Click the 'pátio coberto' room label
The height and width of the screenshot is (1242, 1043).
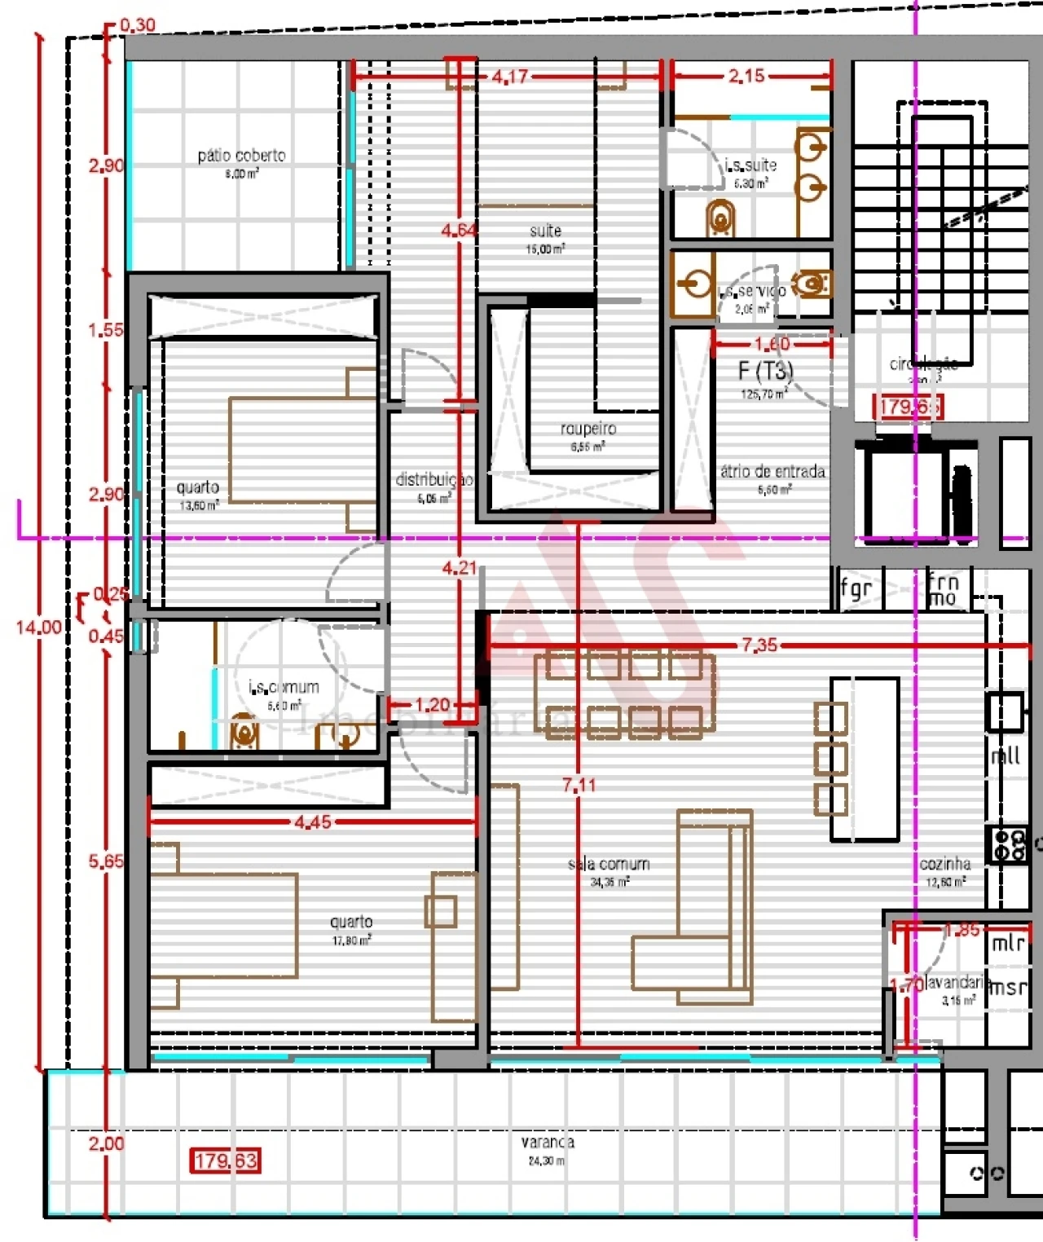point(241,156)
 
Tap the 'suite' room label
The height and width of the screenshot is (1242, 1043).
point(545,231)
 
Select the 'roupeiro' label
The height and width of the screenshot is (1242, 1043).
point(588,429)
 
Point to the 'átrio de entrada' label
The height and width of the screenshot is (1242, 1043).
point(772,472)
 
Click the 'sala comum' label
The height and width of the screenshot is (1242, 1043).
point(609,864)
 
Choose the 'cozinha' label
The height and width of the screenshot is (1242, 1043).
point(945,864)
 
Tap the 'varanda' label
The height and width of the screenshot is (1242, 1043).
point(548,1143)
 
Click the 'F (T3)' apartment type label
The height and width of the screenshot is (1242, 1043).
point(765,372)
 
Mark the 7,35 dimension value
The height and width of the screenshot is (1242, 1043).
point(759,645)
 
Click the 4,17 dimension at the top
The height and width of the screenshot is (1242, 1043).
point(510,77)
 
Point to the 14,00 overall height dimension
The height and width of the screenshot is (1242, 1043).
point(39,628)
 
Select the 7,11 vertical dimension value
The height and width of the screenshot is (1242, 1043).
point(579,785)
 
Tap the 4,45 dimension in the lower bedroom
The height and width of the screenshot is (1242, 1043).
point(313,822)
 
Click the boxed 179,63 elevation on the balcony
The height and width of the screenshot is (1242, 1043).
point(226,1160)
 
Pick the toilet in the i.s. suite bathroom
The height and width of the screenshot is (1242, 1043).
point(720,218)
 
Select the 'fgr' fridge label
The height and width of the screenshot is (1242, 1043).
point(856,588)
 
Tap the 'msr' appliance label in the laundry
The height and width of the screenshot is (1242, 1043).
point(1008,987)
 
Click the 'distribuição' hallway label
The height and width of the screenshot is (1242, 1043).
point(433,480)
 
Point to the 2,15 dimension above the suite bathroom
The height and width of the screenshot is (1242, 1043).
point(746,77)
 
